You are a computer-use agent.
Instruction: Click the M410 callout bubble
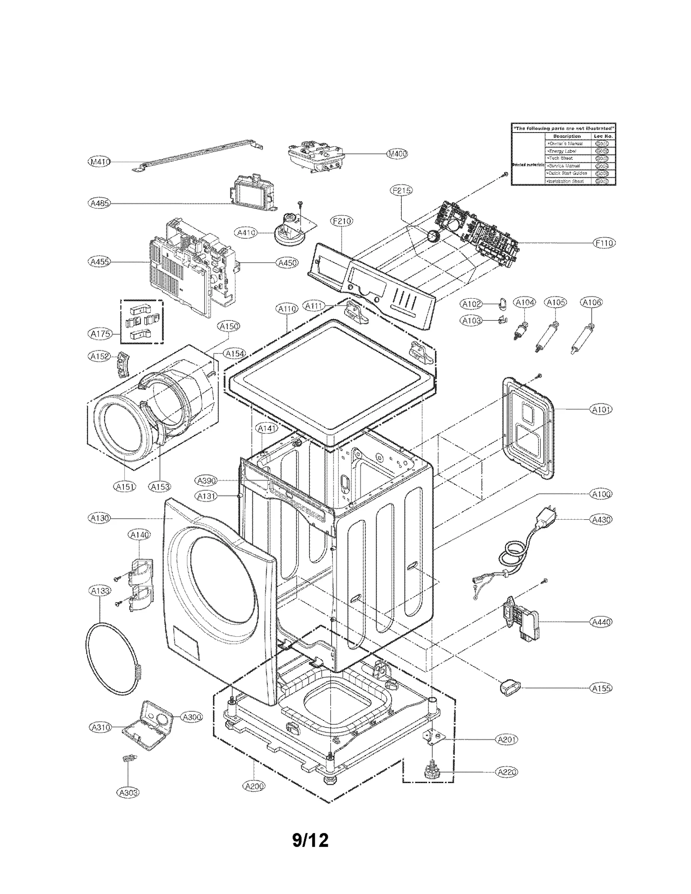99,162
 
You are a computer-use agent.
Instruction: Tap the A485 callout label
99,203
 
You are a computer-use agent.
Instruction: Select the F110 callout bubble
604,243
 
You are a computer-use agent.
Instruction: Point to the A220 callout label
507,772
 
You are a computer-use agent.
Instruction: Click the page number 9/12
310,840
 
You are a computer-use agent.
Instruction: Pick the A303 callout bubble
128,792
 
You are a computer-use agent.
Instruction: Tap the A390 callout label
206,480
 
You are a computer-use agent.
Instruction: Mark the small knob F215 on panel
432,236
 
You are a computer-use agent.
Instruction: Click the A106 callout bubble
591,302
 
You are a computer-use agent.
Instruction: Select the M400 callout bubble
396,154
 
